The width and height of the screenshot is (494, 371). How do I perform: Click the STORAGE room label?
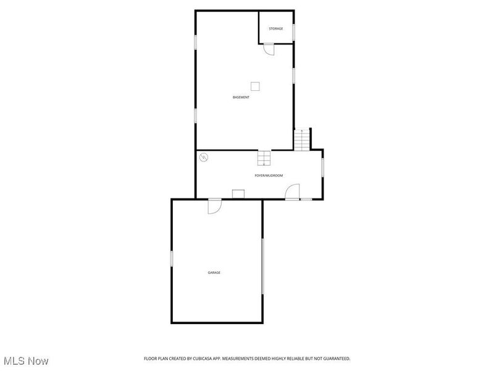pos(275,29)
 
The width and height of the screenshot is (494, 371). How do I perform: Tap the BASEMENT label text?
pos(241,98)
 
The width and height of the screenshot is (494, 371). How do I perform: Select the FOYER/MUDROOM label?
pos(269,176)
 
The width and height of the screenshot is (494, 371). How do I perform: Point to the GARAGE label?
pos(214,273)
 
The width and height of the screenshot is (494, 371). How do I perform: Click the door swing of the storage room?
pos(268,49)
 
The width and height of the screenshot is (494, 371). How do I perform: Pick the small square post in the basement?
pos(255,86)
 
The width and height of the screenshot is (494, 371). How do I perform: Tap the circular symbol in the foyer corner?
pos(204,158)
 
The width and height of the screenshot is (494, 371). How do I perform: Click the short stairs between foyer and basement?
pos(264,158)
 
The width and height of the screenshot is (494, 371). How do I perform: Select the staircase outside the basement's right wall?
pos(302,140)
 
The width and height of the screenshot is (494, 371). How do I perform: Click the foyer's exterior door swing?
pos(293,192)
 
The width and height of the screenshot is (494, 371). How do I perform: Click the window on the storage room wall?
pos(294,31)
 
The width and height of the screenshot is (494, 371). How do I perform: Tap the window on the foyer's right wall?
pos(322,168)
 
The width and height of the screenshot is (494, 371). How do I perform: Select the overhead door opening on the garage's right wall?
pos(262,267)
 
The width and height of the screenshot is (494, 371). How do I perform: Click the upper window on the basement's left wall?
pos(196,41)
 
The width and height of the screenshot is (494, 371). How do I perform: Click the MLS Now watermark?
pos(26,360)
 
